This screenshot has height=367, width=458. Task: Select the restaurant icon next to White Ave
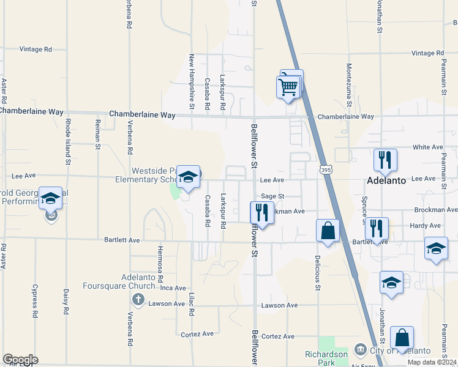385,160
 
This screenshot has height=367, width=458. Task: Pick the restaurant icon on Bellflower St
261,213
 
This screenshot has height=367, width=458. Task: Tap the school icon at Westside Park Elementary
189,177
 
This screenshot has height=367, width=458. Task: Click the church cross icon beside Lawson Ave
138,299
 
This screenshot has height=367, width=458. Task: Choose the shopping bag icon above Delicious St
328,231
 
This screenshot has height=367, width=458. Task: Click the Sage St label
273,196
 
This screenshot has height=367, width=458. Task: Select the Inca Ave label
172,288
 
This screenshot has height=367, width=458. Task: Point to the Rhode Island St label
67,143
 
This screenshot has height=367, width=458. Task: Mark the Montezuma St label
349,85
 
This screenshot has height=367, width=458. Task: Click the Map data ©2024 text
432,362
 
